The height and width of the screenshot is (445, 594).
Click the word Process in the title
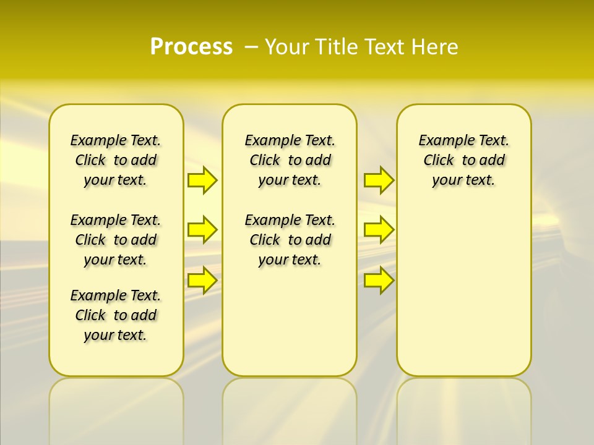tap(191, 46)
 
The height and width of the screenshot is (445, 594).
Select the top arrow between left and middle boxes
tap(202, 180)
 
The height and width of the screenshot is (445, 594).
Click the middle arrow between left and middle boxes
tap(202, 230)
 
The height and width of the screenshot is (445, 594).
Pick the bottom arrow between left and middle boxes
tap(202, 281)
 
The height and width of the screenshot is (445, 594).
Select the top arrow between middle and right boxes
tap(379, 180)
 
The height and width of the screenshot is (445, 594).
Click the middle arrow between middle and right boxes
tap(379, 230)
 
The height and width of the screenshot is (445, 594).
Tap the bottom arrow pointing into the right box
tap(379, 281)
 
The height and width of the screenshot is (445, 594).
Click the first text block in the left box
tap(116, 160)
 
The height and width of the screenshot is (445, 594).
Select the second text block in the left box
tap(116, 240)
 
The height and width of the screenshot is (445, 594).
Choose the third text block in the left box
tap(116, 315)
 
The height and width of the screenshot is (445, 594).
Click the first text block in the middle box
tap(290, 160)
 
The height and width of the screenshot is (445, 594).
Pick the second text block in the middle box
tap(290, 240)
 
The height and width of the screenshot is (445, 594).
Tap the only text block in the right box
tap(463, 160)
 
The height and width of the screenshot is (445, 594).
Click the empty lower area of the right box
tap(463, 297)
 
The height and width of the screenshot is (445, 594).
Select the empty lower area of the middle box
tap(290, 321)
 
